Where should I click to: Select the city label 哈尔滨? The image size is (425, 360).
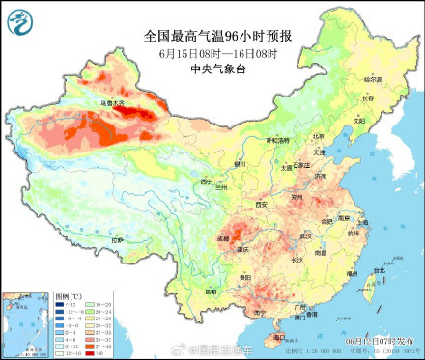[372, 77]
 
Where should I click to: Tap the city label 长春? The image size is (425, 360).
[365, 97]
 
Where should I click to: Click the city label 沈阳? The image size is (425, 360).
[358, 122]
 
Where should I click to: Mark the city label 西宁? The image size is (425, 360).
[205, 180]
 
